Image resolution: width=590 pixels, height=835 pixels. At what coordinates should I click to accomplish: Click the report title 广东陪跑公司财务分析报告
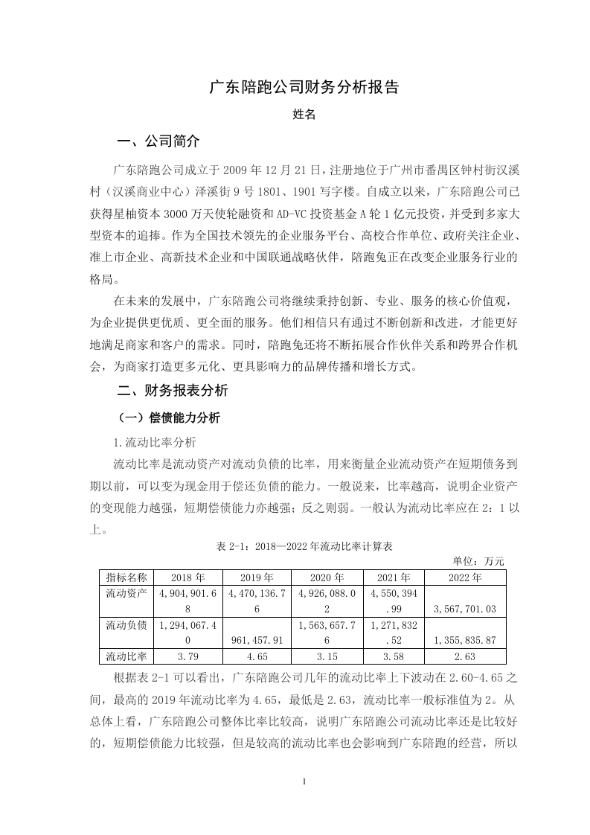pyautogui.click(x=304, y=87)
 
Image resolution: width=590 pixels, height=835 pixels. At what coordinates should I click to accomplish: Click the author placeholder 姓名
pyautogui.click(x=304, y=115)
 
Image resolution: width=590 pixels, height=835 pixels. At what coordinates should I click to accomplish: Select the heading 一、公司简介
pyautogui.click(x=158, y=141)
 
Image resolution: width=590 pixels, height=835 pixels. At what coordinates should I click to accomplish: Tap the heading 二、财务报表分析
pyautogui.click(x=173, y=390)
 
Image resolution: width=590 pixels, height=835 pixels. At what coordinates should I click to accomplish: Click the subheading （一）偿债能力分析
pyautogui.click(x=165, y=418)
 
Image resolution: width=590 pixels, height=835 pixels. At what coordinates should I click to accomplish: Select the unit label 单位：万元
pyautogui.click(x=478, y=560)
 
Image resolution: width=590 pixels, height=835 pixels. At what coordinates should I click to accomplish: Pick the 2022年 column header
pyautogui.click(x=466, y=577)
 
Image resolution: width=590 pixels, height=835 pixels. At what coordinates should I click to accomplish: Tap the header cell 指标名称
pyautogui.click(x=126, y=577)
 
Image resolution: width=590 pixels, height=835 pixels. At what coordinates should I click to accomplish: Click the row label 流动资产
pyautogui.click(x=126, y=593)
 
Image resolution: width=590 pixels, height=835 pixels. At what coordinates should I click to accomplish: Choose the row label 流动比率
pyautogui.click(x=126, y=656)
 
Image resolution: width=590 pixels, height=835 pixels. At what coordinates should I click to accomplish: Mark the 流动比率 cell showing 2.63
pyautogui.click(x=466, y=656)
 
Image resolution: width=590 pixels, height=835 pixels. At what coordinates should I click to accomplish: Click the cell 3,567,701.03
pyautogui.click(x=466, y=609)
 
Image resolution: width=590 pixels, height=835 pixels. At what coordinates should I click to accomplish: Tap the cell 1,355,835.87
pyautogui.click(x=466, y=640)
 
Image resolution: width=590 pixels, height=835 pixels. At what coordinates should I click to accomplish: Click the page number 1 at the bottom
pyautogui.click(x=305, y=781)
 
